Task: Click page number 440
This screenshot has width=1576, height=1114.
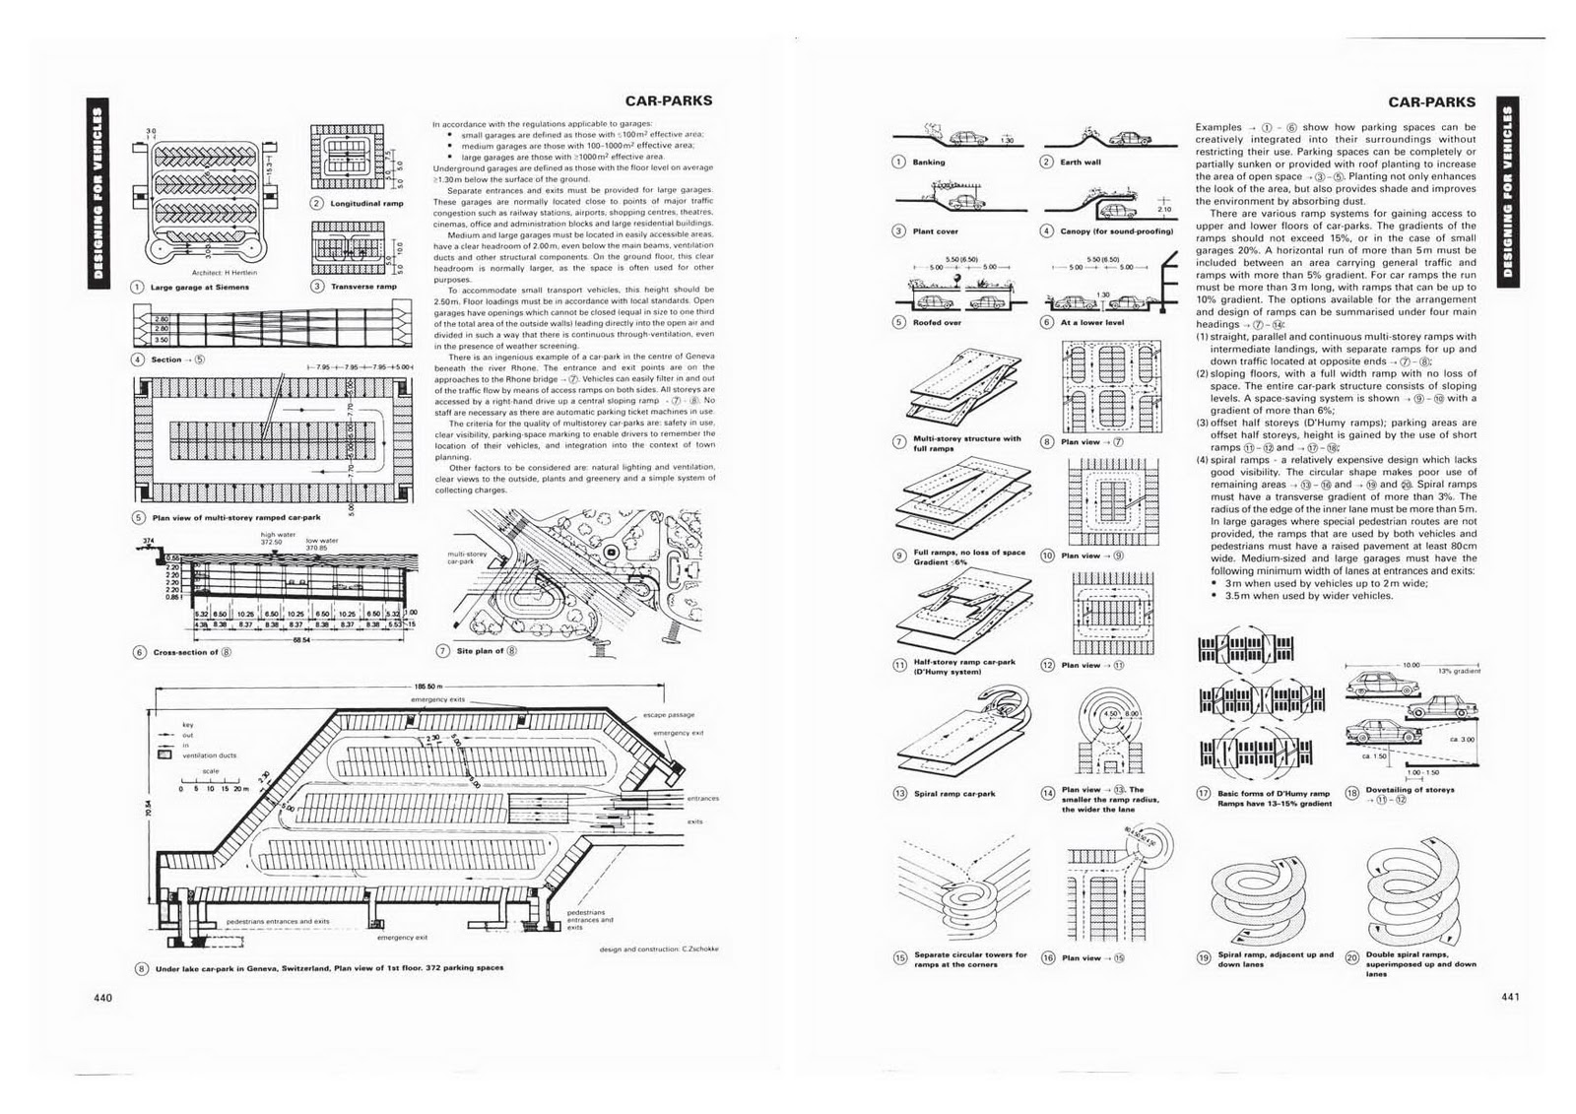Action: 104,997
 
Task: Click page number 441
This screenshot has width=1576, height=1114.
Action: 1512,996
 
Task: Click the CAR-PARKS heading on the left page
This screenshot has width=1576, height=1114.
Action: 669,99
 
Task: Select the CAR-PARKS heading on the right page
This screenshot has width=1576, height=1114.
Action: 1431,101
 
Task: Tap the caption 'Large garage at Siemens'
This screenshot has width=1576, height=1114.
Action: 200,287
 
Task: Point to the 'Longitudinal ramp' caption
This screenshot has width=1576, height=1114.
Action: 367,203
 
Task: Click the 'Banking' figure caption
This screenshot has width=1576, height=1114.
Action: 929,162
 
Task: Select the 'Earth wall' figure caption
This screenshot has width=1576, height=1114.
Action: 1081,162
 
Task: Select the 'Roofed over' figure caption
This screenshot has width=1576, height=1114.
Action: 936,322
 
